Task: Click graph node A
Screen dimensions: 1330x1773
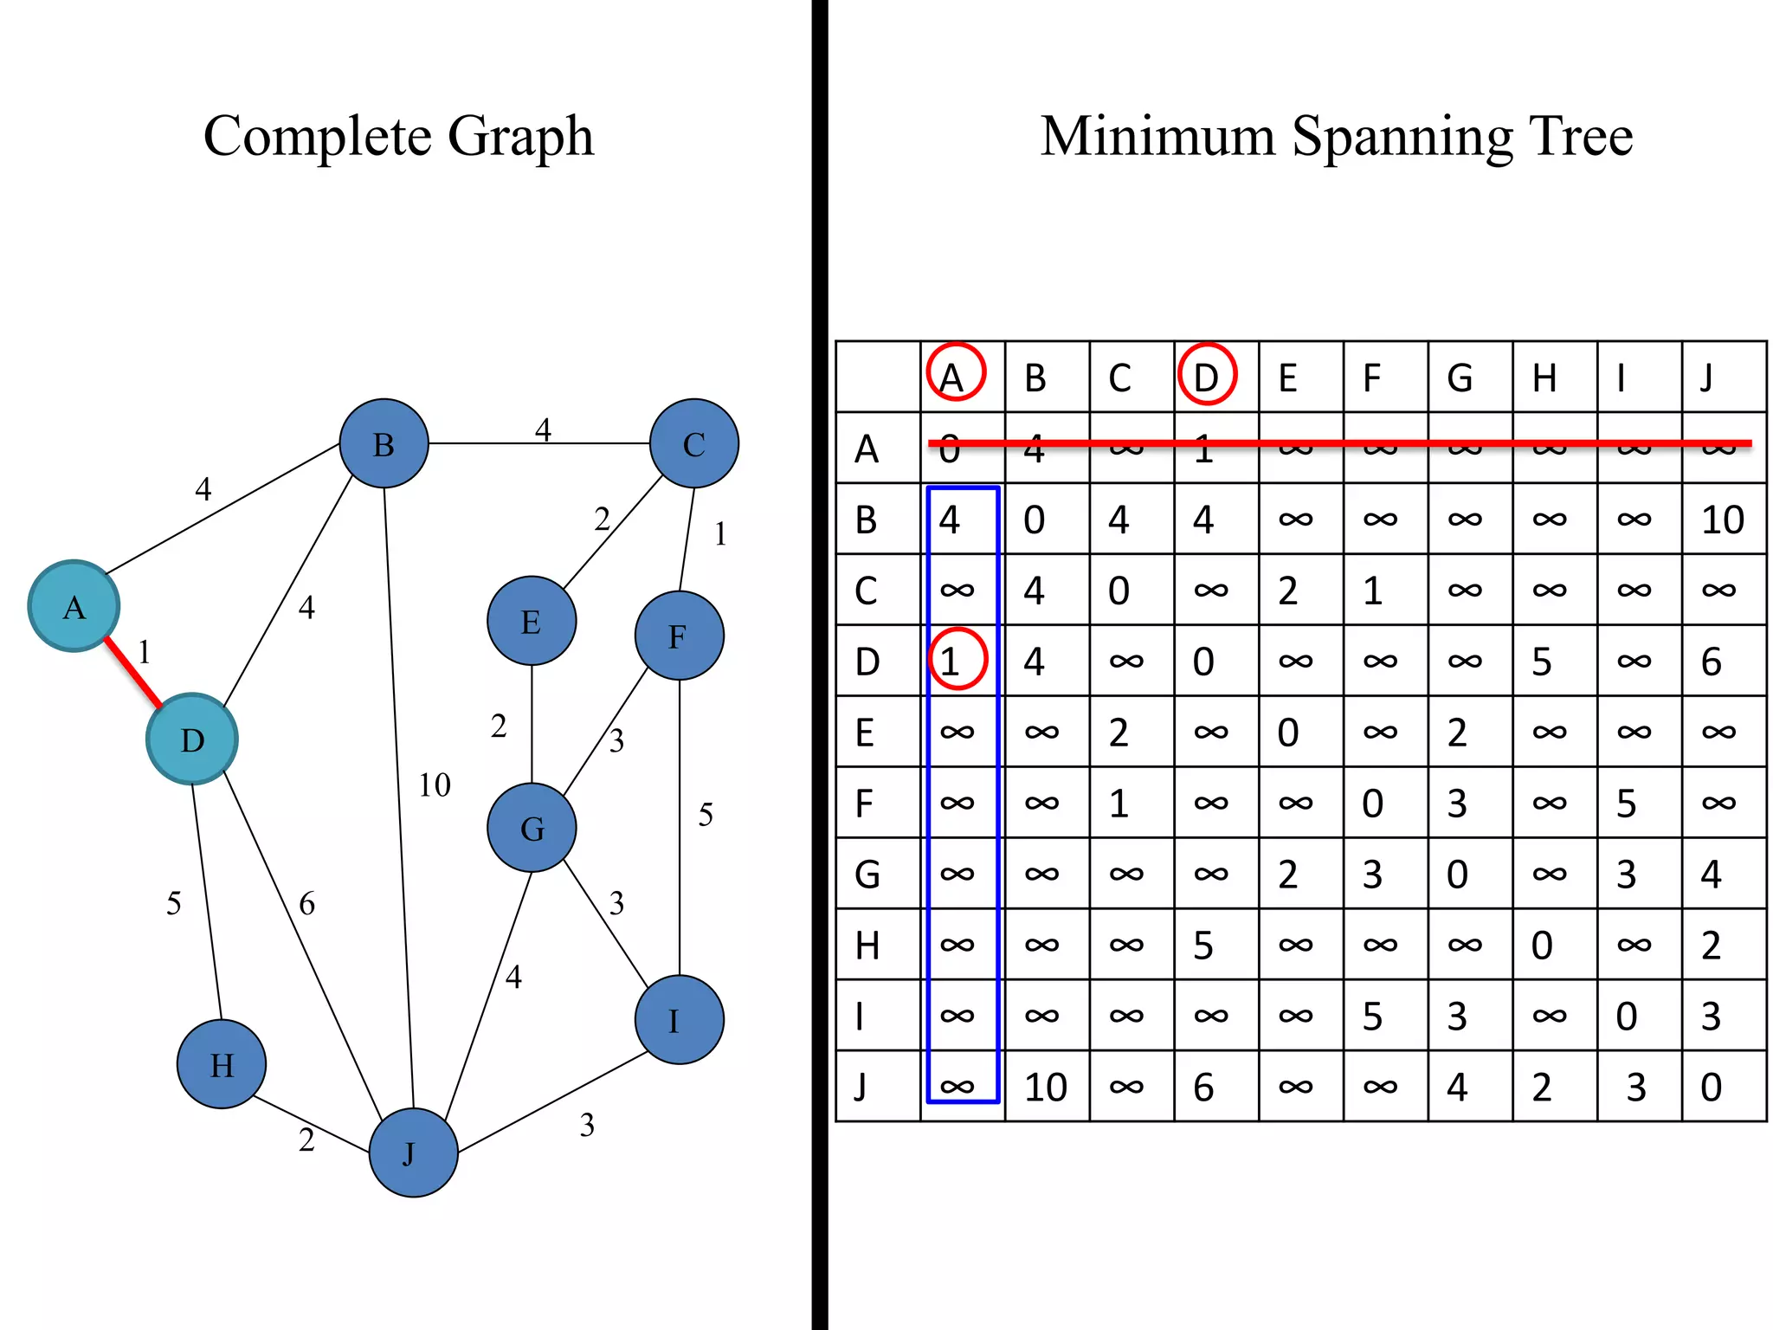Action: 74,606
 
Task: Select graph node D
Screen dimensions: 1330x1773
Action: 191,739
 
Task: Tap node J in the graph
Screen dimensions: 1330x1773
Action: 413,1152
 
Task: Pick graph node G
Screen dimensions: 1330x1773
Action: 532,828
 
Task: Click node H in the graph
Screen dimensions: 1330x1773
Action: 222,1064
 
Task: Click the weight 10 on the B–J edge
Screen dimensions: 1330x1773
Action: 435,785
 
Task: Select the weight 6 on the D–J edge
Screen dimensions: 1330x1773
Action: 306,904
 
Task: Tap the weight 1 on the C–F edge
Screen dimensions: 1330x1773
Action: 720,534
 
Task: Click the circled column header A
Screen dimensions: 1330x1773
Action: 955,374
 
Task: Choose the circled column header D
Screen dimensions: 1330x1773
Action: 1206,374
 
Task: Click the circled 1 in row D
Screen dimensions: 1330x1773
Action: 956,661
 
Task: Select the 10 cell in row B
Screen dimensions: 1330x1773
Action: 1722,520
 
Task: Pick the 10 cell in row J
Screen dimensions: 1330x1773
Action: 1045,1087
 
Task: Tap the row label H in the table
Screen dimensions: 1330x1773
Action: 867,945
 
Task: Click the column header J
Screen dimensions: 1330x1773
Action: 1706,378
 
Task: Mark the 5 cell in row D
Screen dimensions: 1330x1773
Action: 1542,662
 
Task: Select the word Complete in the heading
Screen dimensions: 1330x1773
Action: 317,137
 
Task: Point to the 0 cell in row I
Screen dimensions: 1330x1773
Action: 1626,1016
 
